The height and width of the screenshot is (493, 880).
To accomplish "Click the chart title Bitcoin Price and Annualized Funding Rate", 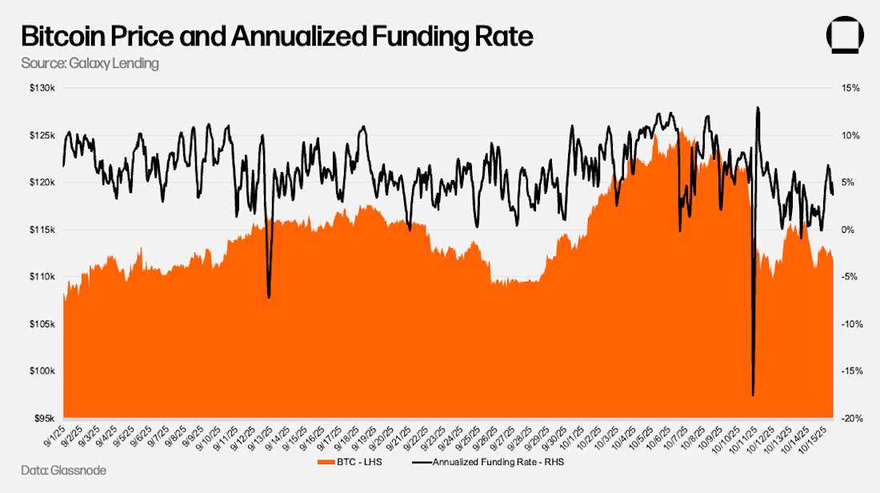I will (x=276, y=37).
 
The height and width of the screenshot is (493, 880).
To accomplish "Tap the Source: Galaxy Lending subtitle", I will (x=90, y=63).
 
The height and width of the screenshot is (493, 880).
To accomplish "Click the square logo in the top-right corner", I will (x=846, y=37).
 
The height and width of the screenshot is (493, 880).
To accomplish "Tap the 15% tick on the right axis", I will (x=850, y=88).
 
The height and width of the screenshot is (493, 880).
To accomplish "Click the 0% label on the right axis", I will (x=848, y=230).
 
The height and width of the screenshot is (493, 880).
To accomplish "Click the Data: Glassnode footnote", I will (x=63, y=471).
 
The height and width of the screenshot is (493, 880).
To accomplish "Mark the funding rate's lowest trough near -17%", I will (x=753, y=395).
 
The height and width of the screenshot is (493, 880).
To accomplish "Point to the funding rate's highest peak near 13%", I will (x=757, y=107).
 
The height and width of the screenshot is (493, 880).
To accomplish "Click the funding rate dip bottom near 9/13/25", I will (x=269, y=298).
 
